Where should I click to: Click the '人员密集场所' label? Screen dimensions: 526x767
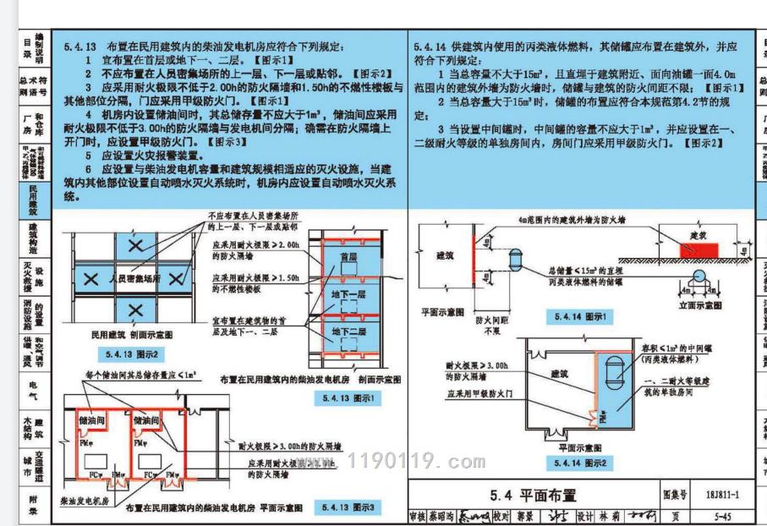(134, 278)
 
